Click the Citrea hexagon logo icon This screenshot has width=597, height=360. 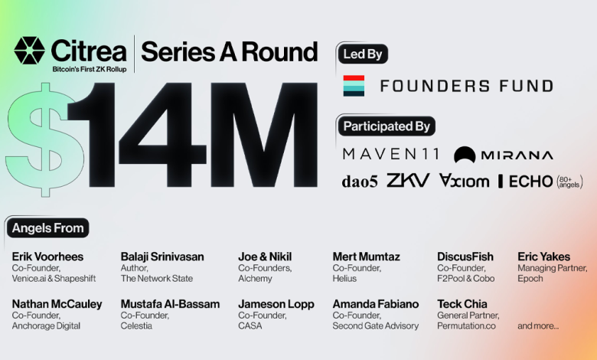tap(29, 51)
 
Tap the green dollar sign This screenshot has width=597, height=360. tap(44, 139)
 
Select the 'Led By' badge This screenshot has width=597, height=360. tap(363, 54)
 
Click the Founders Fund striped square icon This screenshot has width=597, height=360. tap(354, 86)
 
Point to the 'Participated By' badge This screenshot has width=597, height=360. tap(387, 126)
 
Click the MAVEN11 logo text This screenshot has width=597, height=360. tap(391, 154)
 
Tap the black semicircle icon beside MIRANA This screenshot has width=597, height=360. tap(465, 154)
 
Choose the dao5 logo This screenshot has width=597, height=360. tap(360, 182)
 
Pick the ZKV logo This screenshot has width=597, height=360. tap(408, 180)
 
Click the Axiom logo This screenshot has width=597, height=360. tap(464, 181)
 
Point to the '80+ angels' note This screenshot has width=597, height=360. tap(570, 182)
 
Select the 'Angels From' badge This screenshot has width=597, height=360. tap(48, 227)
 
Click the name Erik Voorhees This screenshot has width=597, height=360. tap(47, 257)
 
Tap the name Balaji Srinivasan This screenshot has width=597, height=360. tap(162, 257)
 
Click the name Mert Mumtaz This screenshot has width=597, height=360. tap(367, 257)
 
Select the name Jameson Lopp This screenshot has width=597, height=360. tap(276, 304)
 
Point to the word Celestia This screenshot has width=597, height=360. tap(136, 326)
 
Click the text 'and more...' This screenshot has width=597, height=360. tap(538, 326)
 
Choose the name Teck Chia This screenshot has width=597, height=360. tap(462, 304)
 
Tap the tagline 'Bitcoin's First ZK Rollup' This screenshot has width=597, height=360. tap(90, 70)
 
